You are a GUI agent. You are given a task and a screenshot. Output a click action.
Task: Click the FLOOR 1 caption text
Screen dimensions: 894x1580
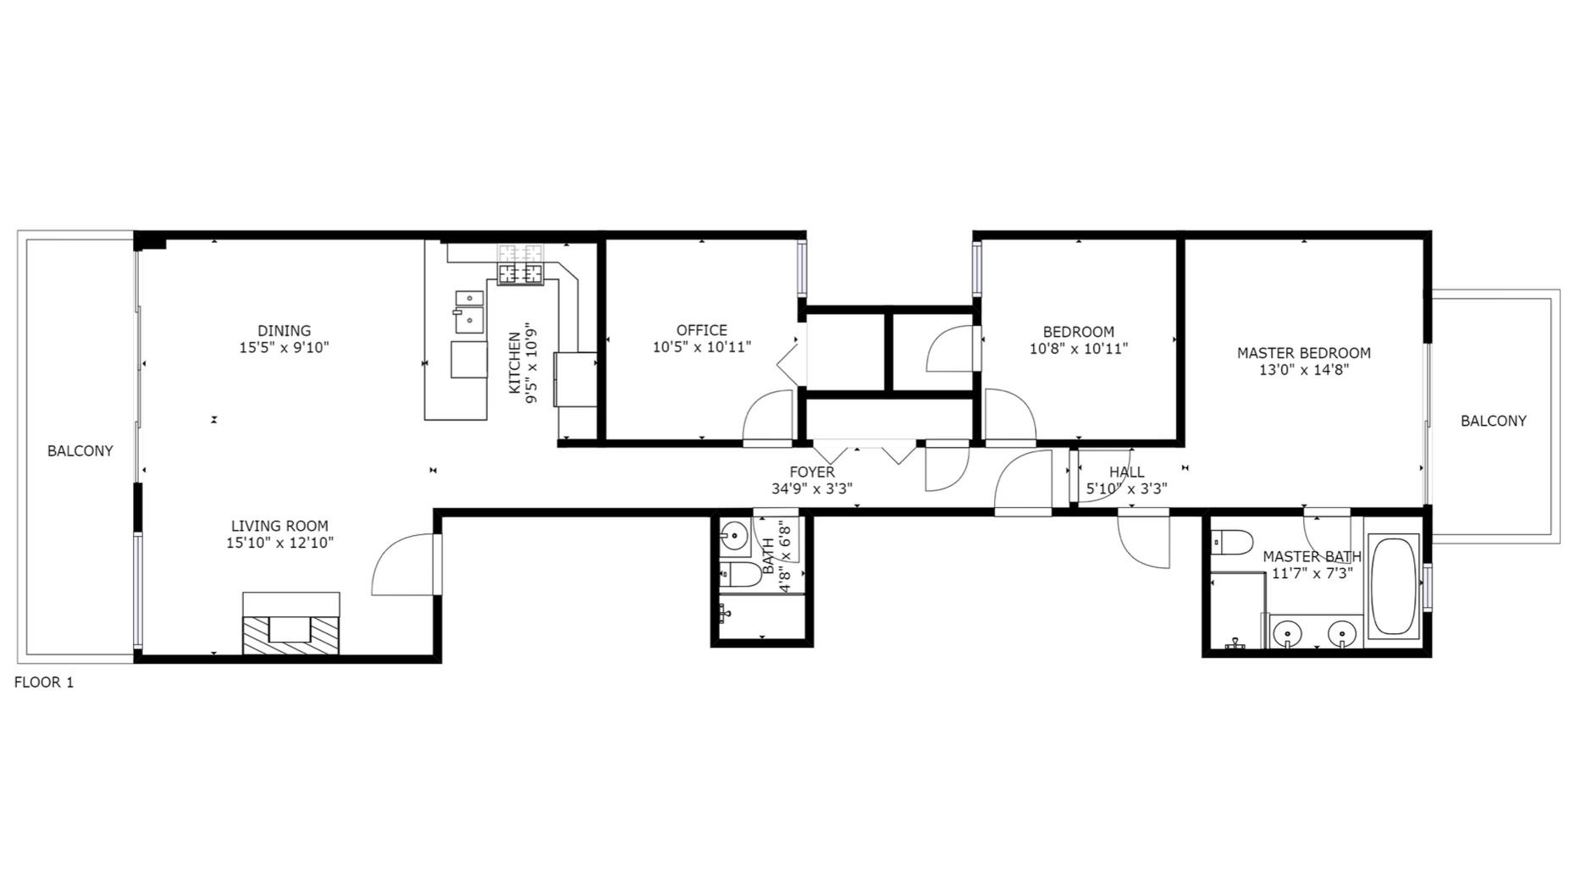click(x=44, y=682)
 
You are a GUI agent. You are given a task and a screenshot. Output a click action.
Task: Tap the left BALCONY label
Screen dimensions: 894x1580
click(x=80, y=451)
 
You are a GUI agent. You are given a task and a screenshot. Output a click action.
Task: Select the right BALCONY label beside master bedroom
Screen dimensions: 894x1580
click(x=1493, y=421)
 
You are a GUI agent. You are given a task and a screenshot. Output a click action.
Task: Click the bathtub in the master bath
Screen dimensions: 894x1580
click(x=1394, y=586)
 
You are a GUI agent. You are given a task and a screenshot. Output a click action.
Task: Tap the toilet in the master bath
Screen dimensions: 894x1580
click(x=1230, y=542)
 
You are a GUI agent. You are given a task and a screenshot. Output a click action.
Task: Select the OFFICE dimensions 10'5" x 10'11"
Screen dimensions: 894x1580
click(x=701, y=347)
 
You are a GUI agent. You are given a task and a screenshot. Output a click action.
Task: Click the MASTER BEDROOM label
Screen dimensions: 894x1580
click(x=1303, y=353)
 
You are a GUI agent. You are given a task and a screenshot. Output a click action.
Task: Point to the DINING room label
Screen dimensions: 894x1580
click(x=285, y=331)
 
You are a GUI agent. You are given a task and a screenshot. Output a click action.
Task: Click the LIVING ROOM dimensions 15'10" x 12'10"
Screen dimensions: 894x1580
click(x=279, y=543)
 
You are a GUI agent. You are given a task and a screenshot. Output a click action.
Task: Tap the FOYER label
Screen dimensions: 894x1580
click(x=811, y=472)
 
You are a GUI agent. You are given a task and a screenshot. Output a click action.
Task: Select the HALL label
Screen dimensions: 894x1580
click(x=1126, y=472)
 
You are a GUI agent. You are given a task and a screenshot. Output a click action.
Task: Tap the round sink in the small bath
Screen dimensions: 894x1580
click(x=733, y=536)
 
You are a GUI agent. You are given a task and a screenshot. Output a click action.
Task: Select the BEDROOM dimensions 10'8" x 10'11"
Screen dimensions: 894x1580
click(x=1078, y=349)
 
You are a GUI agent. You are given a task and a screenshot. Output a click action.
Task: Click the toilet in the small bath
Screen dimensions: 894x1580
click(x=741, y=576)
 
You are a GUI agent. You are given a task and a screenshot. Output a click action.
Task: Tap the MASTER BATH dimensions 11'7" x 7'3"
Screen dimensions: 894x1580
click(x=1312, y=573)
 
